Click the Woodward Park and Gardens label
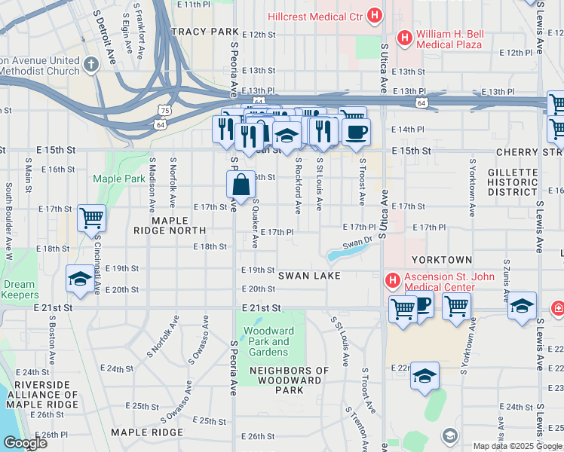point(269,341)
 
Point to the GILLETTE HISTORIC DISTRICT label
point(513,182)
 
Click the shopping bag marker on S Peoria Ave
point(240,184)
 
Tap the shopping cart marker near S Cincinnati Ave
point(91,218)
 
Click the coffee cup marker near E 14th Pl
point(356,132)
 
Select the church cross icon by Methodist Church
point(90,65)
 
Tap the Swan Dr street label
point(357,243)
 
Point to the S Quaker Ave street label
point(255,223)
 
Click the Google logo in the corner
point(26,444)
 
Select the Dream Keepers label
point(19,290)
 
